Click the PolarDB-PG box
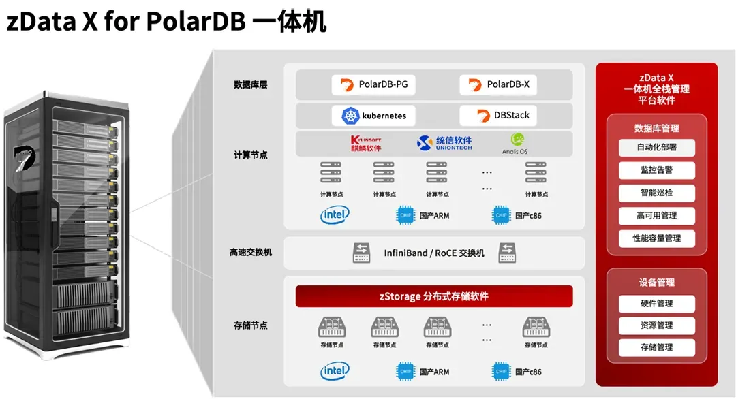coord(373,85)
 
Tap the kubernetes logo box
coord(373,116)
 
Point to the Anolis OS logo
coord(515,143)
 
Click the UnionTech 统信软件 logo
coord(444,143)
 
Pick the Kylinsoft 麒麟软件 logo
coord(365,144)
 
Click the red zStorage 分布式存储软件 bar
coord(434,296)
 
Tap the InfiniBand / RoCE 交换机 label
coord(434,253)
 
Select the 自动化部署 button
coord(656,147)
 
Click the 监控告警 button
coord(656,170)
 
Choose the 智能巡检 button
coord(656,193)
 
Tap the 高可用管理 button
coord(656,216)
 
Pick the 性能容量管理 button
coord(656,238)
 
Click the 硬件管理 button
coord(656,304)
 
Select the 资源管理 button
coord(656,325)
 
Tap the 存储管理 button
coord(656,347)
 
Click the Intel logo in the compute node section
coord(335,216)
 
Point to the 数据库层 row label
coord(250,85)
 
